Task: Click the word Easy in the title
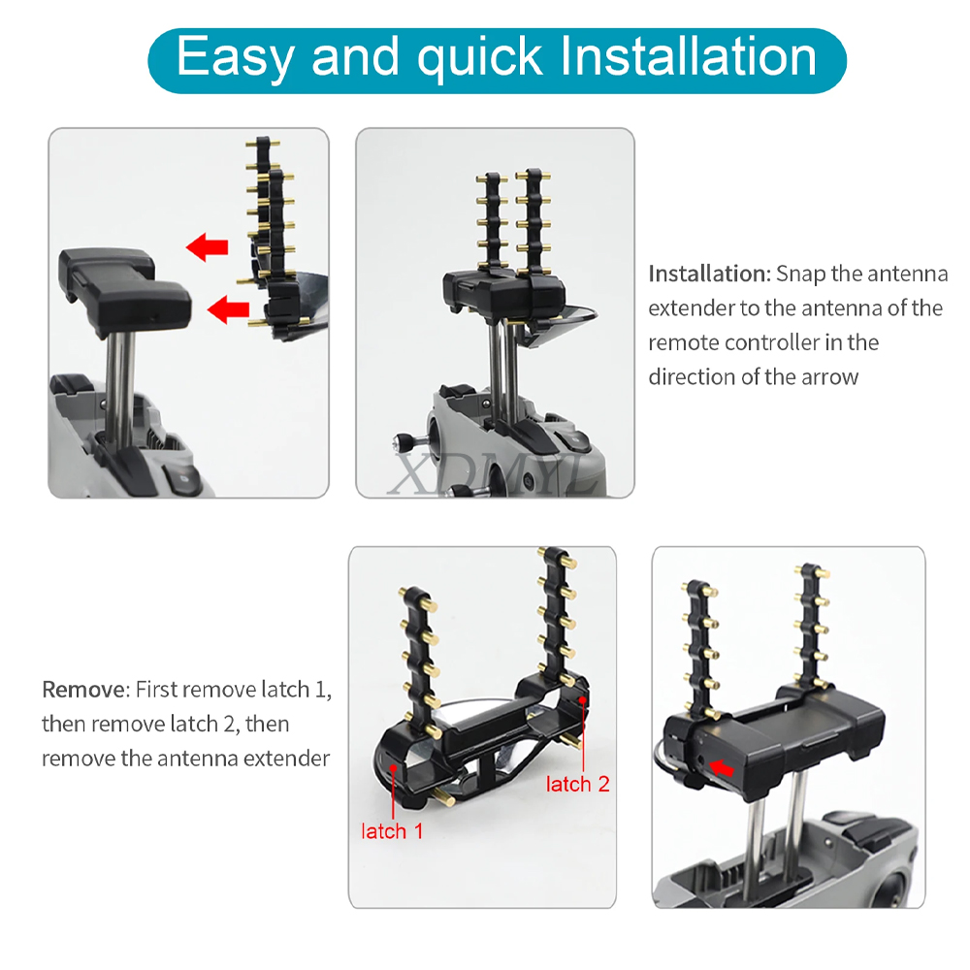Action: (x=235, y=57)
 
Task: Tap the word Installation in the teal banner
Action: (x=688, y=56)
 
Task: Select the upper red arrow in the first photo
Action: (x=208, y=246)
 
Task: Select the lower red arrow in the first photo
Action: (x=228, y=308)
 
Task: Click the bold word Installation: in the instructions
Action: (x=710, y=274)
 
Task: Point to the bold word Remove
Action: (x=83, y=689)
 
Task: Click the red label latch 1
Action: (x=392, y=831)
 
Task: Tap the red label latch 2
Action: (x=578, y=784)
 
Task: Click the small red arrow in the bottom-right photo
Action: (x=722, y=767)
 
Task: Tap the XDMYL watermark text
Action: (x=492, y=473)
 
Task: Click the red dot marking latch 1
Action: (x=394, y=767)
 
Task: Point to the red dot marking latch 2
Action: (x=582, y=699)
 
